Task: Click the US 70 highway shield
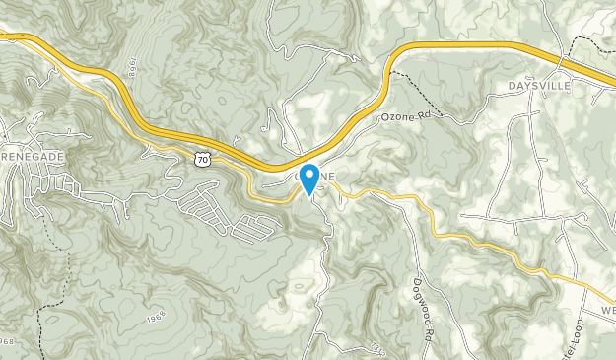(x=202, y=158)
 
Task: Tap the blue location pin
(x=308, y=179)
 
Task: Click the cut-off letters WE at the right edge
(x=606, y=309)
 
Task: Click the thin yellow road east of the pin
(x=394, y=195)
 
